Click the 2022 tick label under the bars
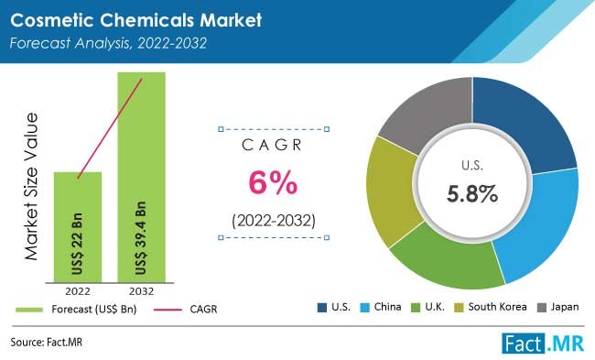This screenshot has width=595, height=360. click(78, 292)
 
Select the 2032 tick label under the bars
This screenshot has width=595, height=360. click(142, 292)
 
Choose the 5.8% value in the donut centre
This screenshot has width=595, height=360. click(472, 193)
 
